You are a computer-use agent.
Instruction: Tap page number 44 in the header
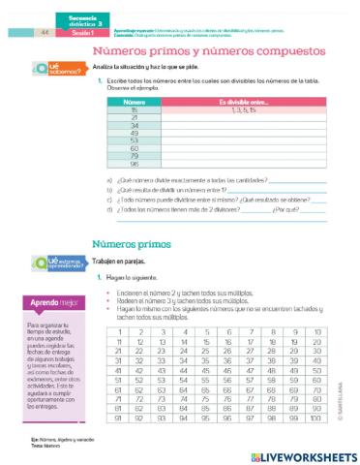pos(45,32)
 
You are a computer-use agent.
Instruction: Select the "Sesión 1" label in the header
pos(75,32)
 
